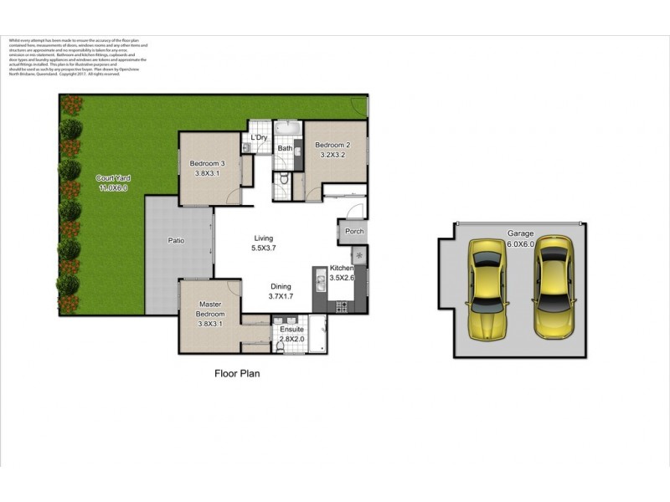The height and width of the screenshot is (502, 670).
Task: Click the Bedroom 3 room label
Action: coord(207,163)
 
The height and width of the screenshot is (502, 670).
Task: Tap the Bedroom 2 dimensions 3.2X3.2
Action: coord(332,155)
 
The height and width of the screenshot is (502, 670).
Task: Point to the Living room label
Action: coord(264,238)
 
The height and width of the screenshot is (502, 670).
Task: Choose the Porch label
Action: coord(354,232)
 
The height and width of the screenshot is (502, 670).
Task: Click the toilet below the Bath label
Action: coord(285,179)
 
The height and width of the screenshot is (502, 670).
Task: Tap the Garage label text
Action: coord(519,233)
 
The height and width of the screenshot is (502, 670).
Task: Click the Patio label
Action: coord(176,241)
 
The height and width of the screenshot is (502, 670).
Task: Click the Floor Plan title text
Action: coord(238,374)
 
